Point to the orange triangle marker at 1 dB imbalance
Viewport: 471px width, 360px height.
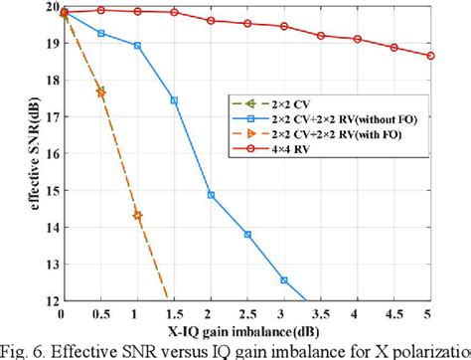[x=137, y=215]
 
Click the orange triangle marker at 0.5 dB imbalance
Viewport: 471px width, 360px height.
[x=100, y=91]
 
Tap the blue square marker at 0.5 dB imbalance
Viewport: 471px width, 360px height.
[x=100, y=33]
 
